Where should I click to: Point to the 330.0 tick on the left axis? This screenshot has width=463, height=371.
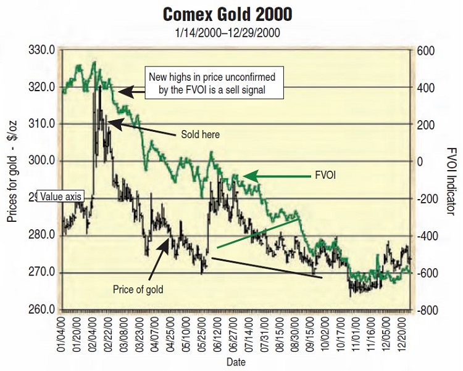[x=46, y=50]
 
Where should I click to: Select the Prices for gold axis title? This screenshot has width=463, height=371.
[x=12, y=178]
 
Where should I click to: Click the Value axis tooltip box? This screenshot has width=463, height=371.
[x=60, y=197]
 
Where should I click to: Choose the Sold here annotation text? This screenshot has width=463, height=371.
[x=201, y=134]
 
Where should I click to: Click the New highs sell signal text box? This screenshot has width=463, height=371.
[x=212, y=84]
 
